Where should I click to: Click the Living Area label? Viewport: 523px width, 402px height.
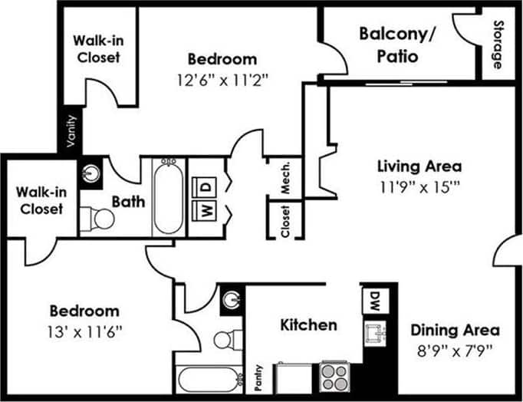(419, 165)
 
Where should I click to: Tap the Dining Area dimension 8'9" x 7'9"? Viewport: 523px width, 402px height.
(455, 350)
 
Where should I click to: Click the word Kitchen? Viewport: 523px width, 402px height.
(308, 325)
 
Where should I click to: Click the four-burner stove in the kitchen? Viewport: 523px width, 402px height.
(334, 377)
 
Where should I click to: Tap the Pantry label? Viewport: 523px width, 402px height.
(260, 377)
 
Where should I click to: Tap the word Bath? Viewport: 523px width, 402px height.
(124, 202)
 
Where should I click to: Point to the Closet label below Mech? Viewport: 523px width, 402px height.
(285, 221)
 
